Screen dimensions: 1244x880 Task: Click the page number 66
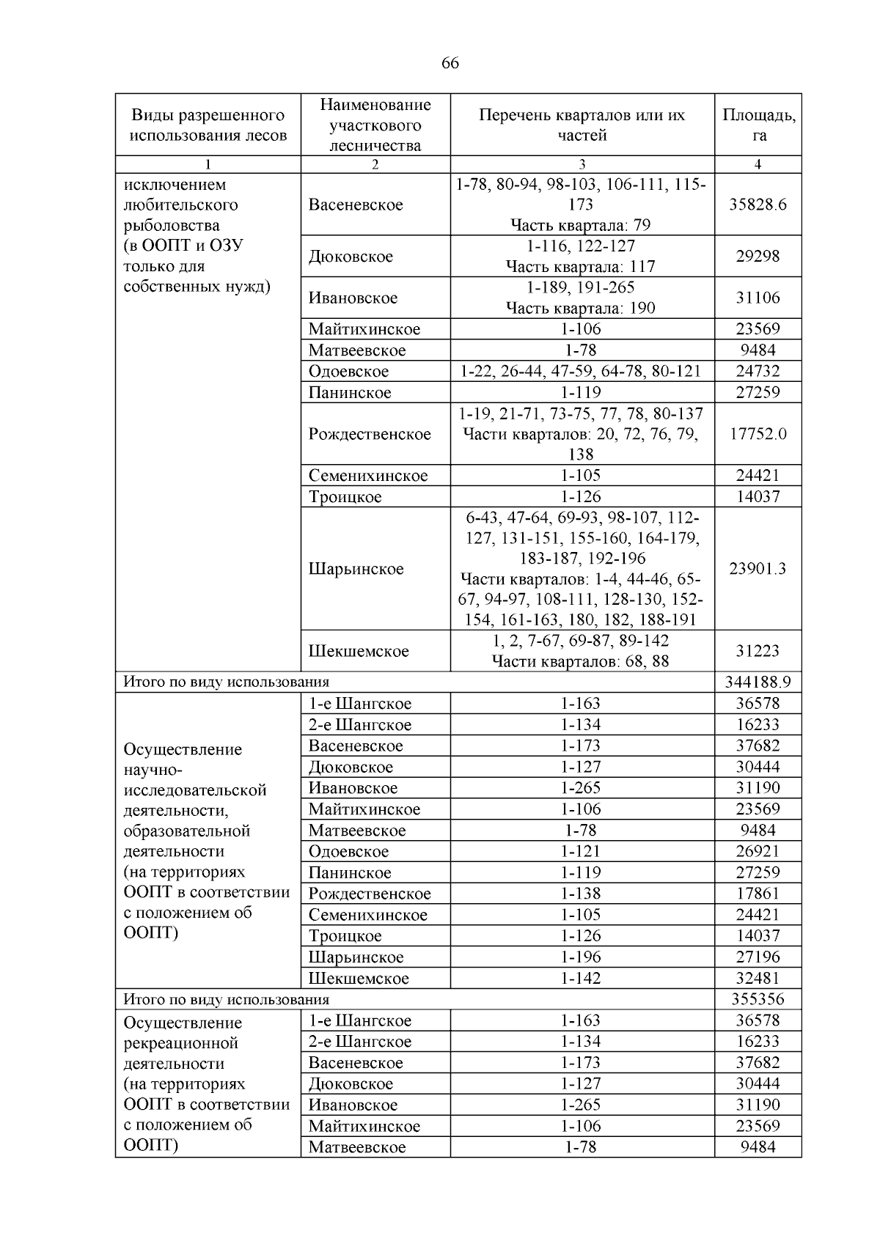[450, 64]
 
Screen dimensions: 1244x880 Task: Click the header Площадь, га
[758, 125]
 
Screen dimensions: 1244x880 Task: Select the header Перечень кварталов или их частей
[582, 125]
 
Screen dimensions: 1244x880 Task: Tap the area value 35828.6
[758, 205]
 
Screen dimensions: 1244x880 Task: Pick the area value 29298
[758, 257]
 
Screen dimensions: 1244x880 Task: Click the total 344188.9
[758, 682]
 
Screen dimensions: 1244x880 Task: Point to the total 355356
[758, 999]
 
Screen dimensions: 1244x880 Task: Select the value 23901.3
[758, 569]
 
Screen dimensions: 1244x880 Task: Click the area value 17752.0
[758, 434]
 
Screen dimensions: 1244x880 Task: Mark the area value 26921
[758, 852]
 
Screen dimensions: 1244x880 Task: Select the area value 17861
[758, 894]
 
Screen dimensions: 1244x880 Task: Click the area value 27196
[758, 957]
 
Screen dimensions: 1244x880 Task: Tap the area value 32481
[758, 979]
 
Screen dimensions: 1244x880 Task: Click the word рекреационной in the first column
[181, 1043]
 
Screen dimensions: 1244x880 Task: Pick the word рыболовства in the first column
[172, 226]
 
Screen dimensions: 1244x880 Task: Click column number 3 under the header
[582, 165]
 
